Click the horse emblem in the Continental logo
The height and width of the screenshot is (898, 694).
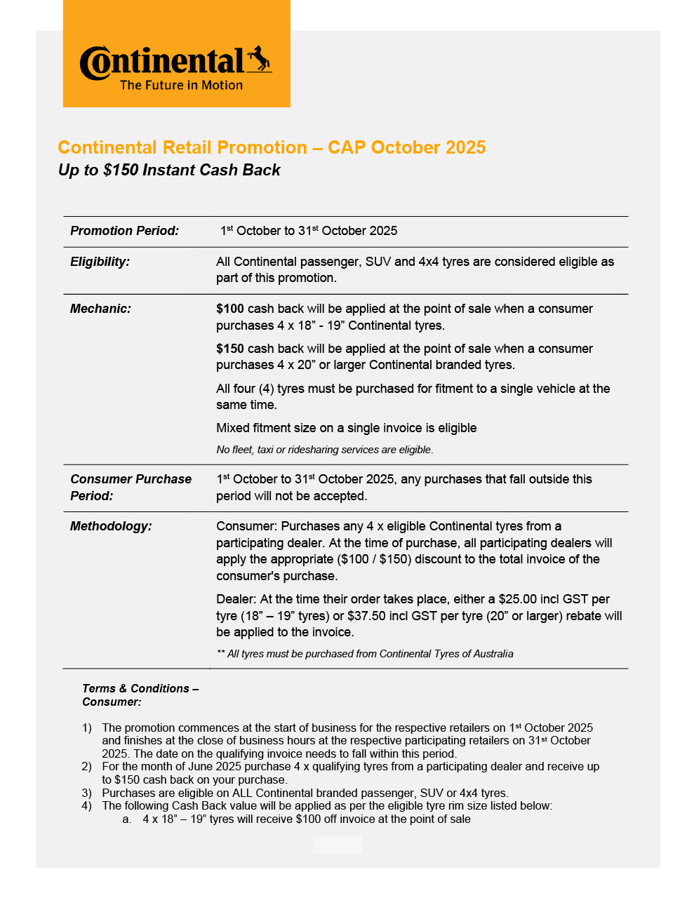coord(258,59)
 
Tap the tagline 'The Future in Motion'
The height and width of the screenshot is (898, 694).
coord(181,85)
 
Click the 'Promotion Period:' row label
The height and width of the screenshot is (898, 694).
coord(124,231)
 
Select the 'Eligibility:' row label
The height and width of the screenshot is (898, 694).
coord(100,262)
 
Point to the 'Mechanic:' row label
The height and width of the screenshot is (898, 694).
coord(100,309)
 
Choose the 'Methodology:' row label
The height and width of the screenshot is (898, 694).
coord(111,526)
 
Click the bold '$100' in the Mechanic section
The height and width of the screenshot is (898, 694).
coord(230,309)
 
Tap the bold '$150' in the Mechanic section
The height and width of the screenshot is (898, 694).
coord(230,349)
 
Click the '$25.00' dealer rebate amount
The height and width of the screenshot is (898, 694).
coord(518,599)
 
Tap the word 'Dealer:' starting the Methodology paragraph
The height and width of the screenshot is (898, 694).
coord(236,599)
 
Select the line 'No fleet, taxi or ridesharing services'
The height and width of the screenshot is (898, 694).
coord(324,450)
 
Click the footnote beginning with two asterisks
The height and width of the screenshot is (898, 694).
coord(365,654)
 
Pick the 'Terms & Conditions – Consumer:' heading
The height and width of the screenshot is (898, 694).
coord(140,695)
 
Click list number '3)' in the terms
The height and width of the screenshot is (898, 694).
coord(86,793)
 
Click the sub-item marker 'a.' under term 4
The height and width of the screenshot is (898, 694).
coord(127,819)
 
